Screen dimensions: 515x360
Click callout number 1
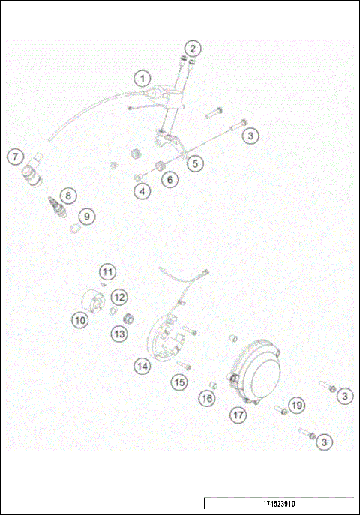pos(142,78)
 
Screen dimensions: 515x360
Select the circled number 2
pos(193,49)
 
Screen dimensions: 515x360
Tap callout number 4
pos(142,191)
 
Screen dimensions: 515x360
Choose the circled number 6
pos(170,179)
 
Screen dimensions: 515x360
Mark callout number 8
pos(68,196)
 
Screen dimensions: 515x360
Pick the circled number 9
pos(88,216)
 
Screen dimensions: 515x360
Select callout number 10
pos(80,319)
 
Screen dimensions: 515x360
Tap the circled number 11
pos(109,271)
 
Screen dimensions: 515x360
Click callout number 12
pos(119,298)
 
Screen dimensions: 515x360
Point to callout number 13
pos(119,334)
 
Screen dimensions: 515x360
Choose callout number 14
pos(142,366)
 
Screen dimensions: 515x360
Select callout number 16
pos(207,399)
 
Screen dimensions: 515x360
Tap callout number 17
pos(238,414)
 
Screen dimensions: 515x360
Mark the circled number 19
pos(297,405)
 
